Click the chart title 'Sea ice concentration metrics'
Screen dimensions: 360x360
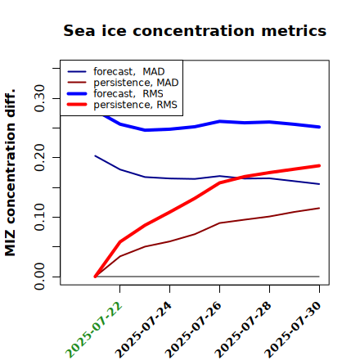[195, 31]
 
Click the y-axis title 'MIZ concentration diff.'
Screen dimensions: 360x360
[10, 173]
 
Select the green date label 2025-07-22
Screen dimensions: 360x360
[93, 330]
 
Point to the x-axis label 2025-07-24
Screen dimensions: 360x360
[143, 330]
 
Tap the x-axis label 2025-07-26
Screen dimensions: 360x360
[193, 330]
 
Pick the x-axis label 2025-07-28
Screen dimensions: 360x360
[243, 330]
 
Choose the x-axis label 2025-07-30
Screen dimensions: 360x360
[293, 330]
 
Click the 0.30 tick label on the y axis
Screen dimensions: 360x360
[39, 98]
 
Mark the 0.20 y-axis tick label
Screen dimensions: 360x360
[39, 158]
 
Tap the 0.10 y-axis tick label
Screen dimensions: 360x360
[39, 217]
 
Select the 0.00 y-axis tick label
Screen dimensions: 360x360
[39, 277]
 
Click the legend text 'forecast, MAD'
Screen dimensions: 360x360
[129, 72]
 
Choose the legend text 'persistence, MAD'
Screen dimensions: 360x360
[136, 83]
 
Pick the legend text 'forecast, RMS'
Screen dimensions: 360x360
[128, 93]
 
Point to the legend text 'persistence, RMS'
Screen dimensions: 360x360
[135, 105]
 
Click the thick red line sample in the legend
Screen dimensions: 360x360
[77, 105]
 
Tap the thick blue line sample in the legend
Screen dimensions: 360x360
[77, 93]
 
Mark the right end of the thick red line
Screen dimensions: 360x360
[319, 165]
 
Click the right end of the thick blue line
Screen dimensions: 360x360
[319, 127]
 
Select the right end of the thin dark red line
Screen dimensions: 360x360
[319, 208]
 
